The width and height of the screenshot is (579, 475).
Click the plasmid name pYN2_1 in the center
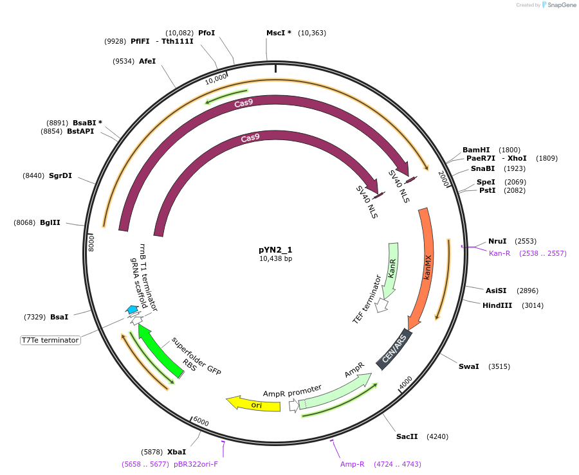click(x=275, y=250)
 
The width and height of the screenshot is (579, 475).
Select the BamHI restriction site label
click(x=476, y=150)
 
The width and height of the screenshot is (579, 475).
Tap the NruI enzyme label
click(x=497, y=241)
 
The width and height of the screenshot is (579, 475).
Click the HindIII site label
click(x=497, y=305)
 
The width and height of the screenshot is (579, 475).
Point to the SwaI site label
click(x=468, y=366)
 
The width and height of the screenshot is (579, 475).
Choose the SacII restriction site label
click(x=407, y=436)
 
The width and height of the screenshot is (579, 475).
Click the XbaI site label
click(x=176, y=452)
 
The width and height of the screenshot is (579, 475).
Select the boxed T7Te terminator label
click(x=50, y=340)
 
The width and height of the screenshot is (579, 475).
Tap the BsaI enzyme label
click(x=59, y=317)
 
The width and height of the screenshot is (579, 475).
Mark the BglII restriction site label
click(x=50, y=222)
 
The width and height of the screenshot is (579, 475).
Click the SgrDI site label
click(x=60, y=175)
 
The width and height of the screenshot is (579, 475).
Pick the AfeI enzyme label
click(x=147, y=61)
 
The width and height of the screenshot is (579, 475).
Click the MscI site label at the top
click(x=279, y=32)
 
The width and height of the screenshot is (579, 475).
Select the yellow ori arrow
click(x=254, y=404)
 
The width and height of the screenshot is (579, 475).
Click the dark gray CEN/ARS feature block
click(x=394, y=349)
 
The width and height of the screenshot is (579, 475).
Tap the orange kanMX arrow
click(x=425, y=264)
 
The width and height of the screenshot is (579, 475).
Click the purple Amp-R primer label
click(x=353, y=463)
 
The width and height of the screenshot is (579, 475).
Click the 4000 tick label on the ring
click(x=405, y=384)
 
